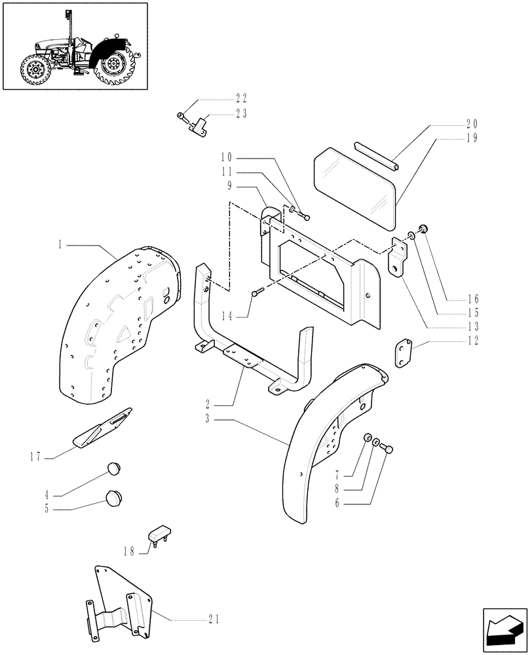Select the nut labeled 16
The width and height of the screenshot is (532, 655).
(x=423, y=229)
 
